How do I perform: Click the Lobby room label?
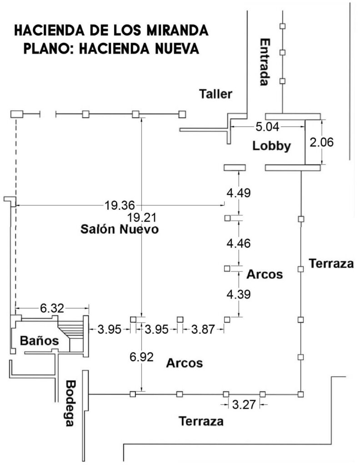[x=271, y=146]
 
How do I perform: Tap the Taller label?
[x=215, y=94]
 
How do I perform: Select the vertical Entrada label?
[x=265, y=62]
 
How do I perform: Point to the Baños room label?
[x=40, y=341]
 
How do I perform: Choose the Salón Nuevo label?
[x=120, y=229]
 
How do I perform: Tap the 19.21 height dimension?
[x=141, y=218]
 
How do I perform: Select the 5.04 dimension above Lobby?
[x=267, y=127]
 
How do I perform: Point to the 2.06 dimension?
[x=321, y=142]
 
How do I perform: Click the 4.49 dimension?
[x=239, y=193]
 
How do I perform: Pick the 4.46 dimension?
[x=239, y=243]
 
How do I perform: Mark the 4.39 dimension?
[x=239, y=294]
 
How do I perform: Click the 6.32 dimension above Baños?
[x=52, y=308]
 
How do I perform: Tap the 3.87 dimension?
[x=203, y=329]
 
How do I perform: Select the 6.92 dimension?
[x=141, y=356]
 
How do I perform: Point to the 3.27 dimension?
[x=244, y=404]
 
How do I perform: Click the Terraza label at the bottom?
[x=201, y=421]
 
